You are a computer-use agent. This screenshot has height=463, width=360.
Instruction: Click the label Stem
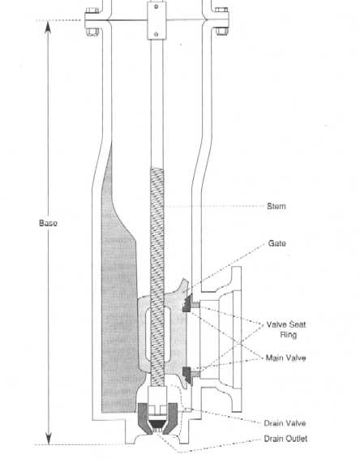[x=276, y=206]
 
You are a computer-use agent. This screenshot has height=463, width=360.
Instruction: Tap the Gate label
[x=277, y=243]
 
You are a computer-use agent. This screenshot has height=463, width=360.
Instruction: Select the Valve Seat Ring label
[x=286, y=329]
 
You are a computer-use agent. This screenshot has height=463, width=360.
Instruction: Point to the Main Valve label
[x=286, y=358]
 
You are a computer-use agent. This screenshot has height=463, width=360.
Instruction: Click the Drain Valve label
[x=285, y=423]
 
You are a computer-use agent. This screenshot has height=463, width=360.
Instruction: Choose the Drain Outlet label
[x=285, y=439]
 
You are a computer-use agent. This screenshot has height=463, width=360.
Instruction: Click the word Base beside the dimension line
[x=48, y=223]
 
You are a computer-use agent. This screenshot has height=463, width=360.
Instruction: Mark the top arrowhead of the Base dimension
[x=49, y=26]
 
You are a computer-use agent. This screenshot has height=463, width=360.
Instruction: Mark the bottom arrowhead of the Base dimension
[x=49, y=438]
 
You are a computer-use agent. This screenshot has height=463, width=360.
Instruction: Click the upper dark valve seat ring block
[x=187, y=303]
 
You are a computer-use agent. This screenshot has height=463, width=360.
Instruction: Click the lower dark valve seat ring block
[x=187, y=375]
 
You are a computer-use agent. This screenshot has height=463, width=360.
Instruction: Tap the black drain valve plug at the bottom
[x=156, y=424]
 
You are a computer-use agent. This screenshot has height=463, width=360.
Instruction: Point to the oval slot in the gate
[x=158, y=334]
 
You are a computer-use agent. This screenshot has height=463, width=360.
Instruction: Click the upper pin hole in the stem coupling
[x=156, y=6]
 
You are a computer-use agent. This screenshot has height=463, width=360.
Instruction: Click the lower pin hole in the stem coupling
[x=156, y=34]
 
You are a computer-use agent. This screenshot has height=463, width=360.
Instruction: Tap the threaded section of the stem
[x=157, y=277]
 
